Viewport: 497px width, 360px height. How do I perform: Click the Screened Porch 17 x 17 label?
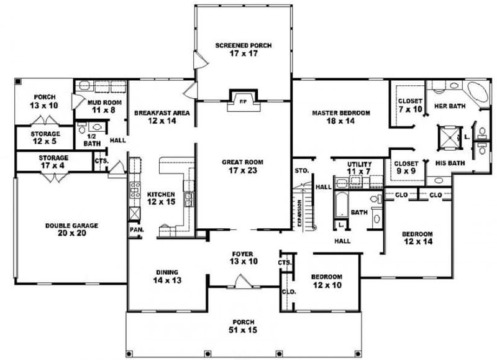(244, 50)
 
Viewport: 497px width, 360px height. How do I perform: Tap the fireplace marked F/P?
(243, 100)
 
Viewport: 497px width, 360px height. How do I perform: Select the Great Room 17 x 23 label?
(244, 165)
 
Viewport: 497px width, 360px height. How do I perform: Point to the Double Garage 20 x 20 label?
(71, 229)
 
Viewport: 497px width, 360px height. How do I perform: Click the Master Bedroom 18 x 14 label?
(340, 117)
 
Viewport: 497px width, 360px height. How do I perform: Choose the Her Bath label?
(449, 106)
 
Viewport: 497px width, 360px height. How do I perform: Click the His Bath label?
(449, 164)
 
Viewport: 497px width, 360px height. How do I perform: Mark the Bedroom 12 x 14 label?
(417, 238)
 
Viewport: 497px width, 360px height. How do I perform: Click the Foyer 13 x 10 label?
(243, 257)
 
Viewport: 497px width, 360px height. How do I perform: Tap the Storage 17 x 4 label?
(53, 162)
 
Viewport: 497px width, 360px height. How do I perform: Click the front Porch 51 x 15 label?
(243, 326)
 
